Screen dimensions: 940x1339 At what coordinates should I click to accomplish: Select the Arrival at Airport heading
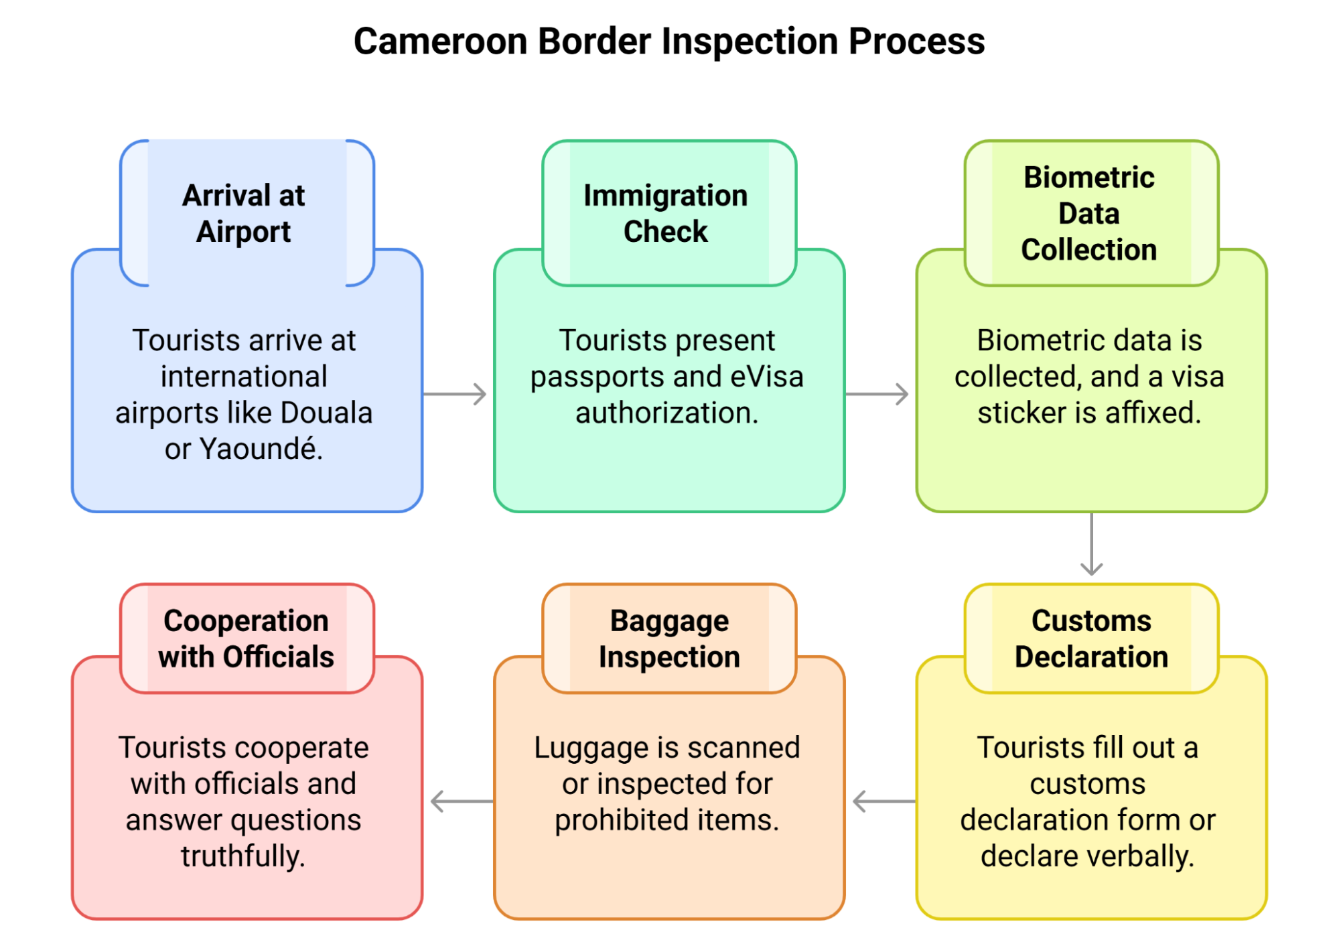coord(244,213)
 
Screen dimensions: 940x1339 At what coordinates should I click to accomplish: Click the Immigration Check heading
coord(665,213)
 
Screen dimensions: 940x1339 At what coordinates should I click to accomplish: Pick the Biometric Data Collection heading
coord(1088,213)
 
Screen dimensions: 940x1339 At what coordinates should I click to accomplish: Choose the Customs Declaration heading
coord(1091,639)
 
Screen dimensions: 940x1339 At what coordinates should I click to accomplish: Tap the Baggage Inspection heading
coord(669,639)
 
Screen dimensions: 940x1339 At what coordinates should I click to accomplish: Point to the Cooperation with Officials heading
coord(246,639)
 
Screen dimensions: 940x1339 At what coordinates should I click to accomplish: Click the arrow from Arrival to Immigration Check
coord(455,394)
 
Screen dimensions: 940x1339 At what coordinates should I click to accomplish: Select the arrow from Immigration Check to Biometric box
coord(877,394)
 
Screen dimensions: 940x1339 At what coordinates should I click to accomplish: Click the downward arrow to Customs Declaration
coord(1091,544)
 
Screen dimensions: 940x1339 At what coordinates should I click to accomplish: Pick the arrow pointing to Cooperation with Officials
coord(461,801)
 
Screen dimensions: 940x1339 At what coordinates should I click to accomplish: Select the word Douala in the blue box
coord(326,413)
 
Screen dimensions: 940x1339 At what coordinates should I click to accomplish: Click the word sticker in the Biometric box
coord(1021,413)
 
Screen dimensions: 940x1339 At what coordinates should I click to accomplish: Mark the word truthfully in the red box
coord(243,856)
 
